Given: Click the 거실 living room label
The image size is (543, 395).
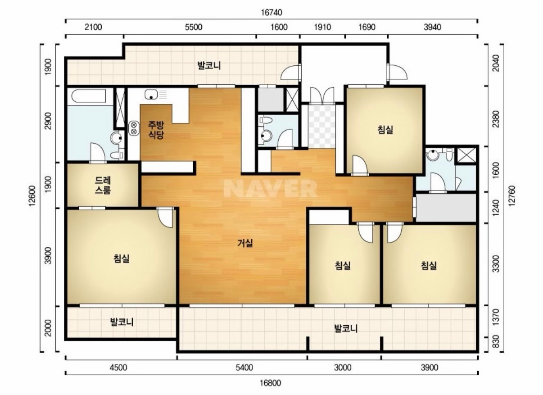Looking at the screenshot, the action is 245,243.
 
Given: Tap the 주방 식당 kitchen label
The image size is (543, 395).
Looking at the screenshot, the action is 156,130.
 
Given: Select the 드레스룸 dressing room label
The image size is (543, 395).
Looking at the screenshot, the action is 103,185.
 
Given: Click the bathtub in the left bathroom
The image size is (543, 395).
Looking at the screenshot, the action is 89,96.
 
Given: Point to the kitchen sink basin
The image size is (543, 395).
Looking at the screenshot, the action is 151,94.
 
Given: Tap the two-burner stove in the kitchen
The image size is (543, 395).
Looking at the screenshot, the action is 134,128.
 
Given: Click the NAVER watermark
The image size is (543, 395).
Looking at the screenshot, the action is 271,188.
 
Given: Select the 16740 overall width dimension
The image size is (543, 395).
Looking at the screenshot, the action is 271,12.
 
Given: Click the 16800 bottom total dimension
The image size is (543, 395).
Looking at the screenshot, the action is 270,383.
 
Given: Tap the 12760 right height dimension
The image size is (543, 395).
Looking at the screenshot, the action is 511,196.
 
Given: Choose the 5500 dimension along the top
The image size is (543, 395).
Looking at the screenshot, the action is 194,27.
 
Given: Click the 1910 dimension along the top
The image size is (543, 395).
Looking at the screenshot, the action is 322,27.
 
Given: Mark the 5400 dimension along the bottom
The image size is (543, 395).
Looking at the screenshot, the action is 244,368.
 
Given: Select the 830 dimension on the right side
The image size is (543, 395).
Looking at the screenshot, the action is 496,341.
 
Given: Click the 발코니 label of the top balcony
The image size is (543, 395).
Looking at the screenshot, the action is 209,65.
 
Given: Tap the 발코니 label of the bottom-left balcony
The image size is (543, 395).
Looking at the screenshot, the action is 122,322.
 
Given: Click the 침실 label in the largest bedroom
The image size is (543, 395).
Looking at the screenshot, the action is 121,258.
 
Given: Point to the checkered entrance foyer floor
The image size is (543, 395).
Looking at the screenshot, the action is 321,126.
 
